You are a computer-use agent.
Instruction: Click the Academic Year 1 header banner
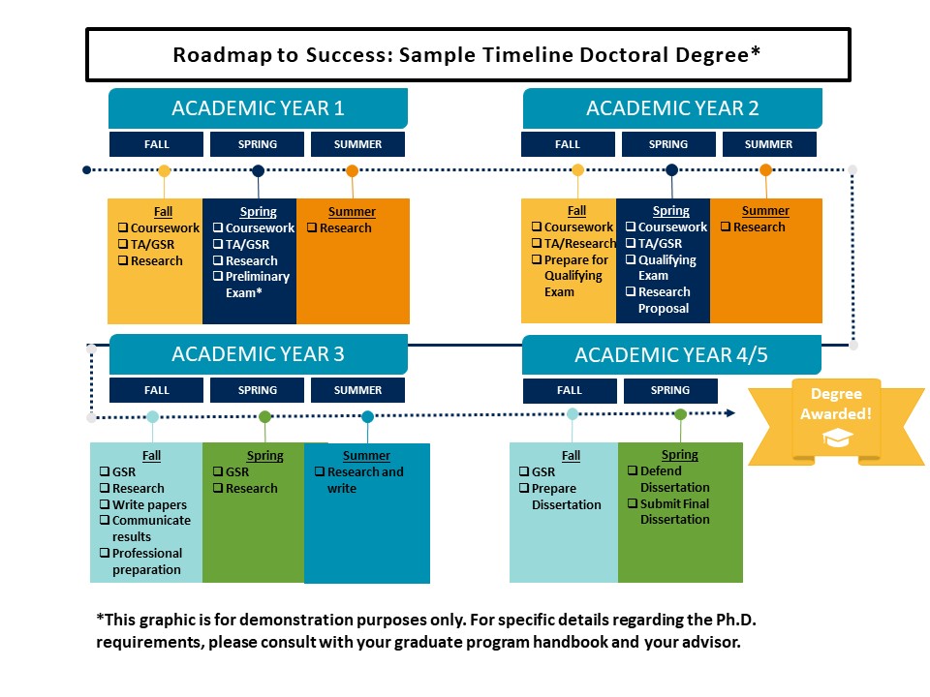pos(258,108)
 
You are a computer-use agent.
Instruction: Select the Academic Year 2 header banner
pos(672,108)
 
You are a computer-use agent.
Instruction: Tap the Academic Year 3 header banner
pos(258,354)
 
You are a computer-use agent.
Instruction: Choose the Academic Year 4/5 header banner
pos(671,355)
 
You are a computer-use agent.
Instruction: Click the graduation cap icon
pos(834,439)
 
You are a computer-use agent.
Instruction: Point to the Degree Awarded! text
pos(834,404)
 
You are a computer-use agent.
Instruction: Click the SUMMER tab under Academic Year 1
pos(357,144)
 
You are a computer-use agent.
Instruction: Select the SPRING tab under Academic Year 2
pos(668,144)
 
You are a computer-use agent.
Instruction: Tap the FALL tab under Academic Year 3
pos(156,390)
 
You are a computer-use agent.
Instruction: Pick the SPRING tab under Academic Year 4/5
pos(670,390)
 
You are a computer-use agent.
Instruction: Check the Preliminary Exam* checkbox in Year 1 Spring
pos(218,277)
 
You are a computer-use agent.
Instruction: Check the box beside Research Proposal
pos(631,292)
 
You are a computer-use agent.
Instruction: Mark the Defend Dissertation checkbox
pos(633,471)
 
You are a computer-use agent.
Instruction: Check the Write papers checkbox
pos(105,504)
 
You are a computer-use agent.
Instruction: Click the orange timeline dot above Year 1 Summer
pos(352,170)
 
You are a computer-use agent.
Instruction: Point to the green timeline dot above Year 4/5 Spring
pos(680,414)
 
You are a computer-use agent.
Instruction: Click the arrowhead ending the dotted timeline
pos(730,413)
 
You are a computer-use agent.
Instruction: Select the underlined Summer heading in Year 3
pos(366,456)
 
